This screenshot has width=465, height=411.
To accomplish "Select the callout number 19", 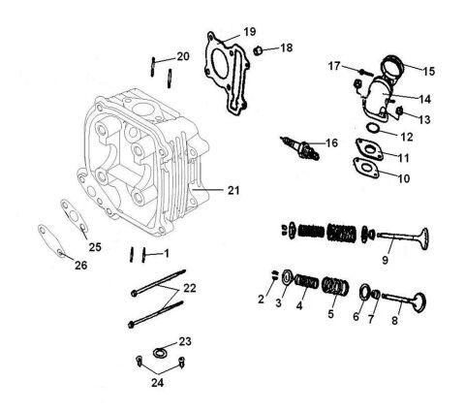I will coord(249,32).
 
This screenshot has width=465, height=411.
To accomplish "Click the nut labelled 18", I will coord(261,47).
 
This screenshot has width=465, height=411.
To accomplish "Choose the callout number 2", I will coord(260,299).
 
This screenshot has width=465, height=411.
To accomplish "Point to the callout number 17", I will coord(334,68).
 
